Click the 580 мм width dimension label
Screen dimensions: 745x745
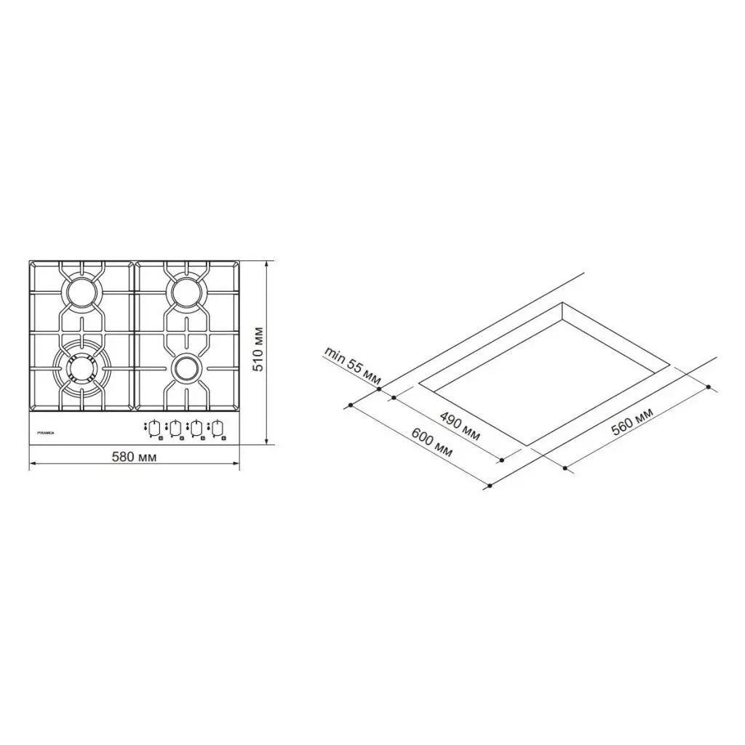coord(134,457)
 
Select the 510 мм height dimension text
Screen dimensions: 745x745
coord(257,350)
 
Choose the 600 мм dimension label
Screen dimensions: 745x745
coord(431,442)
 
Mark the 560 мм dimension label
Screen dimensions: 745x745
coord(631,422)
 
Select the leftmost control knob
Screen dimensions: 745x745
coord(155,429)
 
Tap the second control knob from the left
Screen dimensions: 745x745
coord(175,429)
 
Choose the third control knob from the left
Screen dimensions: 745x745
coord(196,429)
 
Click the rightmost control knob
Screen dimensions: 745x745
coord(217,429)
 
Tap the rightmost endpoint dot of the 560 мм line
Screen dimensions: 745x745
coord(710,388)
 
